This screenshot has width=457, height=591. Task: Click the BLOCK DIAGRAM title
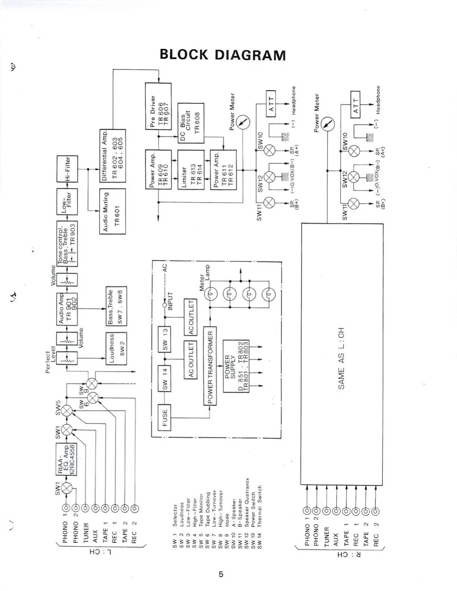(x=223, y=55)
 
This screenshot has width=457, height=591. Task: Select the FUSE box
(x=165, y=418)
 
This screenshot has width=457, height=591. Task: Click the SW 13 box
(x=165, y=339)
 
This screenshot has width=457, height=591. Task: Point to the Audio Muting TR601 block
(x=112, y=211)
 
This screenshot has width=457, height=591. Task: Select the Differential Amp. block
(x=112, y=155)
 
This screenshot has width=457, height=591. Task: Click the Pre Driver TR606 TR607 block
(x=158, y=107)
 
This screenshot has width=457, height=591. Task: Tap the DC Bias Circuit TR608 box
(x=191, y=123)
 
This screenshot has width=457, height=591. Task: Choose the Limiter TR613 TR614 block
(x=191, y=170)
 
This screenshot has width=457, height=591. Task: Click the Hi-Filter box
(x=67, y=169)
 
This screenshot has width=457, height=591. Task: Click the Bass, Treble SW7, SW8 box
(x=116, y=306)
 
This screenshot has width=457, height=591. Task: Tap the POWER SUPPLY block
(x=236, y=366)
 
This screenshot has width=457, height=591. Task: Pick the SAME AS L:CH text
(x=341, y=358)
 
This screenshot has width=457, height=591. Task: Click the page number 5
(x=221, y=574)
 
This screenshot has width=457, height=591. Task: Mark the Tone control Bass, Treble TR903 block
(x=67, y=243)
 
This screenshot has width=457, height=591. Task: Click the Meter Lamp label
(x=205, y=278)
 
